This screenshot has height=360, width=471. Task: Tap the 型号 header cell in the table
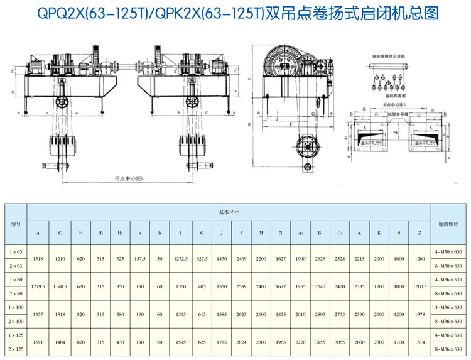pyautogui.click(x=16, y=224)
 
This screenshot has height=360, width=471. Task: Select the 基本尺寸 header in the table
pyautogui.click(x=228, y=212)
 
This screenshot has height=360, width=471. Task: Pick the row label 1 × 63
pyautogui.click(x=16, y=251)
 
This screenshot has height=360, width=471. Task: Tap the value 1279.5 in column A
pyautogui.click(x=38, y=286)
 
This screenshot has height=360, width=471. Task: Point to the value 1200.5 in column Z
pyautogui.click(x=419, y=286)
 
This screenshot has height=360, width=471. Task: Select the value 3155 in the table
pyautogui.click(x=319, y=343)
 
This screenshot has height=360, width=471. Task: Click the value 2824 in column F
pyautogui.click(x=241, y=343)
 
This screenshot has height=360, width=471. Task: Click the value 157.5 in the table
pyautogui.click(x=139, y=258)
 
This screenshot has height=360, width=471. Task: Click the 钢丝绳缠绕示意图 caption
pyautogui.click(x=389, y=56)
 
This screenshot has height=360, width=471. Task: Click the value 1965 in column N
pyautogui.click(x=280, y=343)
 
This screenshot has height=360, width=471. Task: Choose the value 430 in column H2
pyautogui.click(x=120, y=343)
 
